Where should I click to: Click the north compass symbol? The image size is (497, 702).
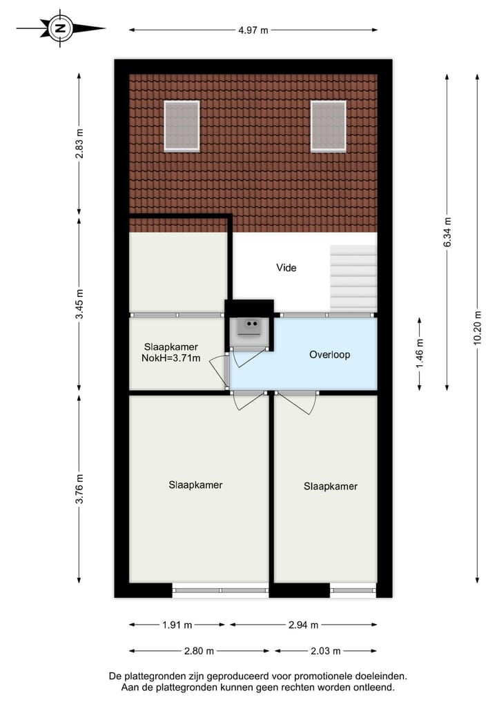[x=61, y=28]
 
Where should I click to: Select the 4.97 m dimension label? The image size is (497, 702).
[x=253, y=30]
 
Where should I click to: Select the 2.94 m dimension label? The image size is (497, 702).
[x=304, y=625]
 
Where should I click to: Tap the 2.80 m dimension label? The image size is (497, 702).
[x=199, y=650]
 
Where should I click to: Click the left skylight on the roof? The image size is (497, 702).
[x=182, y=126]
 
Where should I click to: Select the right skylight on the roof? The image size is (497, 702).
[x=328, y=126]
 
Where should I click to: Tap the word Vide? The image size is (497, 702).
[x=286, y=268]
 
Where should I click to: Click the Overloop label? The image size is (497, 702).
[x=329, y=355]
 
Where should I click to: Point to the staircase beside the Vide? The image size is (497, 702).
[x=353, y=277]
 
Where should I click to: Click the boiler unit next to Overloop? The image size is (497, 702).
[x=248, y=326]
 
